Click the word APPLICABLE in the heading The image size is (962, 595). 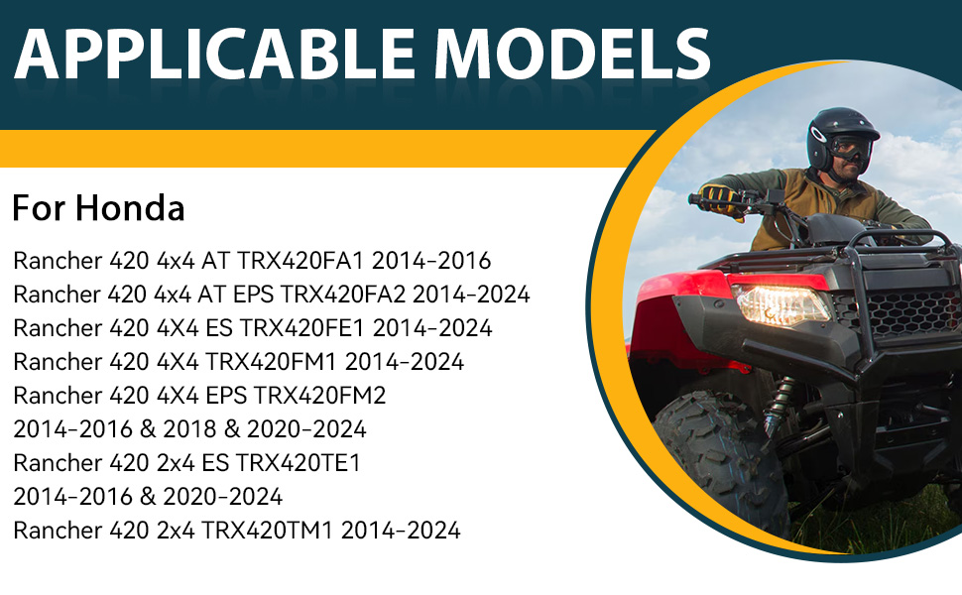click(214, 54)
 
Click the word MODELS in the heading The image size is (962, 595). click(572, 54)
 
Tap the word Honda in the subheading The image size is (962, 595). click(130, 208)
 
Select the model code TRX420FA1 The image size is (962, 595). click(301, 261)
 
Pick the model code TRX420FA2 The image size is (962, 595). click(343, 295)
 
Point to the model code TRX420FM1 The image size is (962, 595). click(271, 362)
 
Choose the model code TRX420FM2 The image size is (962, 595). click(319, 396)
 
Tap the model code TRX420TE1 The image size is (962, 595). click(299, 462)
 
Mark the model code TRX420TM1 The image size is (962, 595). click(267, 530)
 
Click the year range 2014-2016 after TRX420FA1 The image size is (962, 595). click(431, 261)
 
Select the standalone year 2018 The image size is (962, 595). click(189, 429)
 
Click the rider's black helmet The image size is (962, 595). click(842, 136)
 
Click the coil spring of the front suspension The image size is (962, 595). click(780, 406)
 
